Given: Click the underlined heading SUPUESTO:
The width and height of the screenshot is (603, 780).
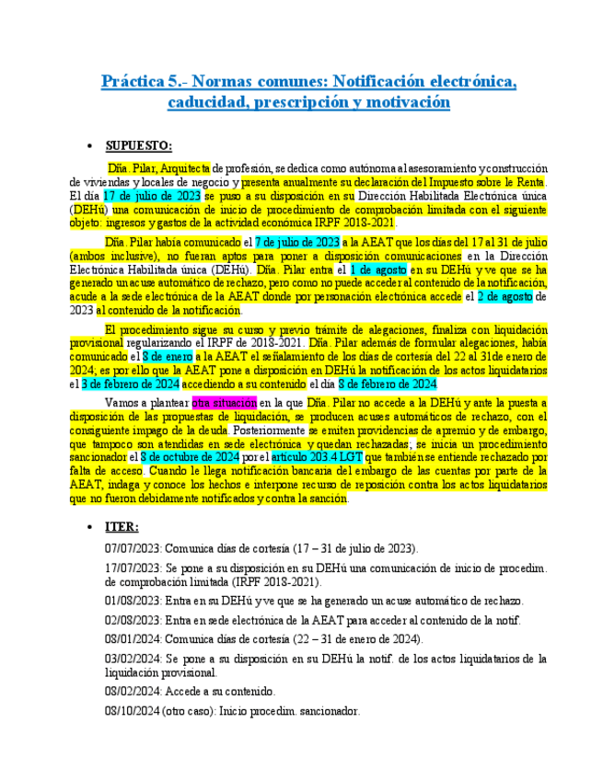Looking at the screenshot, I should click(x=138, y=145).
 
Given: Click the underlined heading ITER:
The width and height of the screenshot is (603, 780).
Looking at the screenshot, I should click(x=122, y=527).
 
